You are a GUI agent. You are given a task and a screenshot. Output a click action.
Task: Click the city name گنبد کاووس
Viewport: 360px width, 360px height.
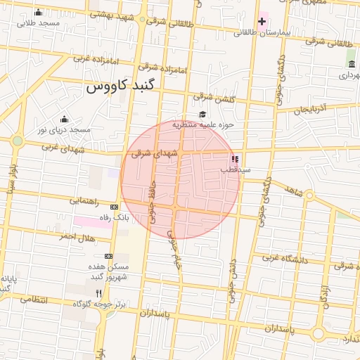click(x=123, y=88)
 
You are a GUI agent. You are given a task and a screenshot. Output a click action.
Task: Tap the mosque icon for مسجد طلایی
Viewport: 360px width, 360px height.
click(x=38, y=13)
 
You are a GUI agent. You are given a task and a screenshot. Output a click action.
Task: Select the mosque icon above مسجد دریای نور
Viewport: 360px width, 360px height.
click(x=65, y=119)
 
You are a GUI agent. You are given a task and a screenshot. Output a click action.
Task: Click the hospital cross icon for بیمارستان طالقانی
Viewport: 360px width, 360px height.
click(x=262, y=21)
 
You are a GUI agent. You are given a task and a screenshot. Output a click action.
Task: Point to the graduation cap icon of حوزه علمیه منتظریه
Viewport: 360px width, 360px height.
click(x=202, y=115)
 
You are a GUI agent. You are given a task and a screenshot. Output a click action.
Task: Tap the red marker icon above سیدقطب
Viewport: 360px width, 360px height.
click(x=235, y=160)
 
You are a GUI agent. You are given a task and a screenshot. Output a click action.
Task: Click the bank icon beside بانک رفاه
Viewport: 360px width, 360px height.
click(x=115, y=207)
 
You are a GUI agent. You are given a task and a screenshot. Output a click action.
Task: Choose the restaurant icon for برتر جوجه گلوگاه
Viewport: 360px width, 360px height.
click(x=98, y=293)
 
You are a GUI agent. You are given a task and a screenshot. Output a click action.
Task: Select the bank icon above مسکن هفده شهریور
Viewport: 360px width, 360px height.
click(x=108, y=257)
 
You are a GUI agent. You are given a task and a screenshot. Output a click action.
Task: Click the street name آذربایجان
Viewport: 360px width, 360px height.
click(x=311, y=110)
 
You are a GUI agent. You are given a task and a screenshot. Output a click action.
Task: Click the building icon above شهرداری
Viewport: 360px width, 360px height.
click(x=351, y=65)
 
